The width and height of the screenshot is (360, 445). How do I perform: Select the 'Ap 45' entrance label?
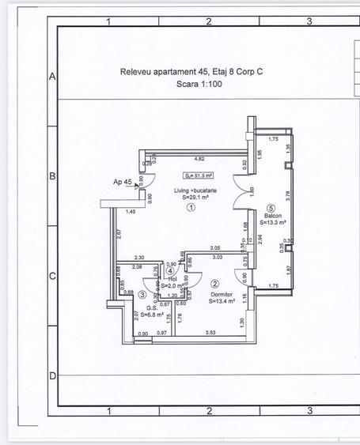122,183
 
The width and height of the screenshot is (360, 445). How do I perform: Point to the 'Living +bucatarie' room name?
196,190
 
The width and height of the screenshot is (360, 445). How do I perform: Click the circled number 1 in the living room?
191,209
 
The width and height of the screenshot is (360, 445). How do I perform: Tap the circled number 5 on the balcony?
270,209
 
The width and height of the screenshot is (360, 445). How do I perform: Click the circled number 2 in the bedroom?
215,283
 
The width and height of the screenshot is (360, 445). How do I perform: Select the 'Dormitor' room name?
222,293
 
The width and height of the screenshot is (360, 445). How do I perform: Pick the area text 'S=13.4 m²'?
223,301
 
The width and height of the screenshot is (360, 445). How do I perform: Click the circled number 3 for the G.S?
142,294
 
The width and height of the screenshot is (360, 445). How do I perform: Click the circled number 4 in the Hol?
171,271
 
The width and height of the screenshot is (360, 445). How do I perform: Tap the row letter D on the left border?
52,375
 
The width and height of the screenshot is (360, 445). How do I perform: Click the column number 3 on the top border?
309,21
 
